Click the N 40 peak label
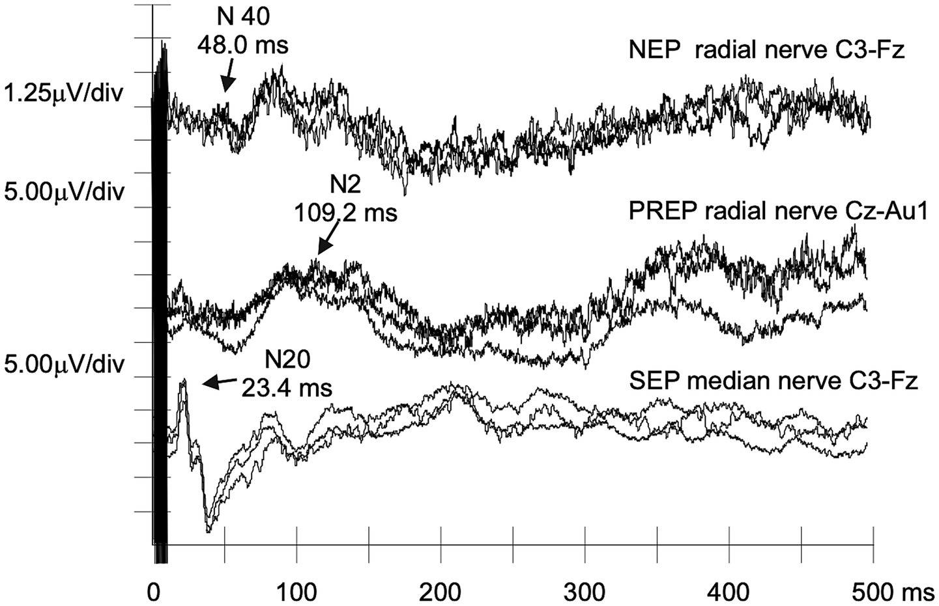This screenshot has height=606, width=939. (x=242, y=18)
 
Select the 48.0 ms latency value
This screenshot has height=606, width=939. (x=242, y=46)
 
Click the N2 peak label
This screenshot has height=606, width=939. (x=345, y=185)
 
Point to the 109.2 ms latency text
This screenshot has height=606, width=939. (x=345, y=212)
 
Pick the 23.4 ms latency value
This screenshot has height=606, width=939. (x=287, y=388)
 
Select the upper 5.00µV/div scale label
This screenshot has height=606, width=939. (x=63, y=193)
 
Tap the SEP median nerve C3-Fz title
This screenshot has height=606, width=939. (x=773, y=380)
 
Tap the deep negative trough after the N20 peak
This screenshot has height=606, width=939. (x=209, y=529)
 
